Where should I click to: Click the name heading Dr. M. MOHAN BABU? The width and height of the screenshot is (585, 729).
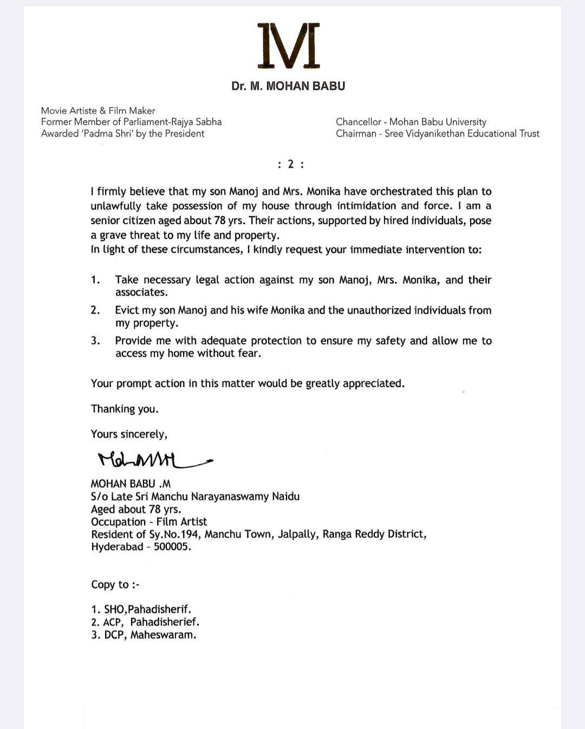[x=288, y=86]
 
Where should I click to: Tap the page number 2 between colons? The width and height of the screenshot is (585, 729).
[x=290, y=165]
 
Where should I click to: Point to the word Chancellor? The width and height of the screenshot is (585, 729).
[x=357, y=122]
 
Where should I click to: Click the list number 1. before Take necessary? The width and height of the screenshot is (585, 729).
[x=96, y=280]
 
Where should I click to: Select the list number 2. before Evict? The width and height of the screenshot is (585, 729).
[x=96, y=310]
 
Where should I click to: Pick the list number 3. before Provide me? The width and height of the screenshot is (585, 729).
[x=96, y=341]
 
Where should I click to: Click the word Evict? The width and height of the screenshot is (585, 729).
[x=127, y=310]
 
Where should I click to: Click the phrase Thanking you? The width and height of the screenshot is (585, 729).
[x=125, y=409]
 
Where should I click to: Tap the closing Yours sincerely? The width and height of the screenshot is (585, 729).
[x=129, y=434]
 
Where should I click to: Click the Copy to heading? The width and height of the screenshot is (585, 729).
[x=115, y=585]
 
